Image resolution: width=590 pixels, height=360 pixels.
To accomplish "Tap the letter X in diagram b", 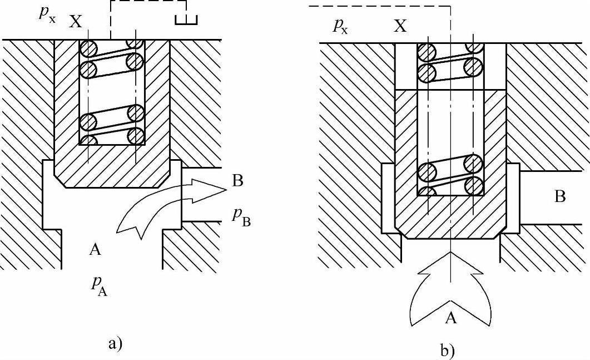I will pyautogui.click(x=400, y=26).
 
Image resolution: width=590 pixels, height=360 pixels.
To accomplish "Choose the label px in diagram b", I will pyautogui.click(x=341, y=26).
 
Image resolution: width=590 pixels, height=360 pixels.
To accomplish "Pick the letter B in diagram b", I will pyautogui.click(x=559, y=197).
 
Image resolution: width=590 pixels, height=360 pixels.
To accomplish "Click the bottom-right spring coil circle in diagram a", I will pyautogui.click(x=136, y=136).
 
